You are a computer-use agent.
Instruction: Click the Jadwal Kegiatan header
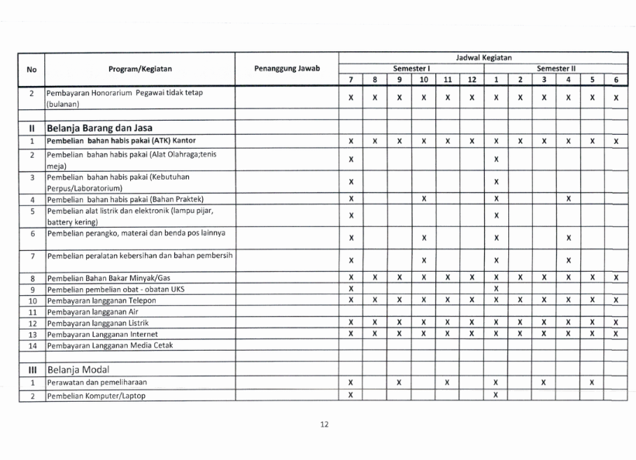[x=483, y=58]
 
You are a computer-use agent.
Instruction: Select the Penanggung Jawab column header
[x=287, y=69]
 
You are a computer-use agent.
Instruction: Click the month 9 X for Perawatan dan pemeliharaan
[x=398, y=383]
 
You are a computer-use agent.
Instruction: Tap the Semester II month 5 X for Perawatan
[x=591, y=383]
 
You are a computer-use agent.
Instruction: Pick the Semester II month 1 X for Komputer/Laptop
[x=495, y=396]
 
